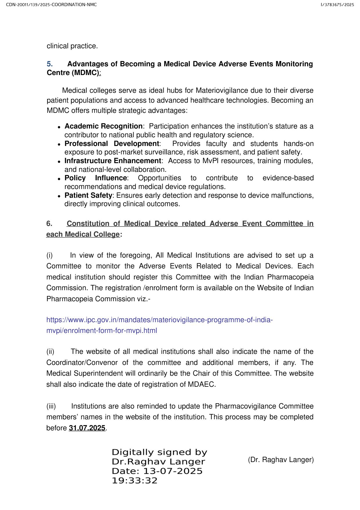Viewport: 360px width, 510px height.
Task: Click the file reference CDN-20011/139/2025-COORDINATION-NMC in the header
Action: pyautogui.click(x=51, y=5)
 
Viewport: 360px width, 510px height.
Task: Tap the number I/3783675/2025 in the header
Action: pyautogui.click(x=337, y=5)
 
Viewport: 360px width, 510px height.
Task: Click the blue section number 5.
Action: pyautogui.click(x=50, y=64)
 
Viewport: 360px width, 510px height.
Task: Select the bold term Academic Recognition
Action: pyautogui.click(x=103, y=126)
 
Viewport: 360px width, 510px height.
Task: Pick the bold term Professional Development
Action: pyautogui.click(x=112, y=144)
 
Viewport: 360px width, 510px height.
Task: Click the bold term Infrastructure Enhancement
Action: pyautogui.click(x=113, y=161)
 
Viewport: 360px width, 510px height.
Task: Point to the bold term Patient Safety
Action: pyautogui.click(x=88, y=195)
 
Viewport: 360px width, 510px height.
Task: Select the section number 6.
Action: pyautogui.click(x=49, y=224)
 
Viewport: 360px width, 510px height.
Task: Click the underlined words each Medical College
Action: pyautogui.click(x=83, y=234)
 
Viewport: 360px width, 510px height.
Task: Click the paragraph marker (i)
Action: pyautogui.click(x=50, y=255)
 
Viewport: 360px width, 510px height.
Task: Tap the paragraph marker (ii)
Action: pyautogui.click(x=50, y=352)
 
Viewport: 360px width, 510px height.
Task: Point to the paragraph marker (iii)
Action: pyautogui.click(x=51, y=406)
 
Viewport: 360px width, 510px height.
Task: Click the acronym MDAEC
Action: pyautogui.click(x=201, y=384)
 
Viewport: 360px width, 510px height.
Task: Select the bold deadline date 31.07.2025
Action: pyautogui.click(x=87, y=428)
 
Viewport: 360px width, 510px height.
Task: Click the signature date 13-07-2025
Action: pyautogui.click(x=173, y=471)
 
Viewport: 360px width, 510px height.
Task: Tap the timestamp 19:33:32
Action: pyautogui.click(x=135, y=481)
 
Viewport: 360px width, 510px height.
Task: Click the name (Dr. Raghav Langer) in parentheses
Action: pyautogui.click(x=281, y=460)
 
